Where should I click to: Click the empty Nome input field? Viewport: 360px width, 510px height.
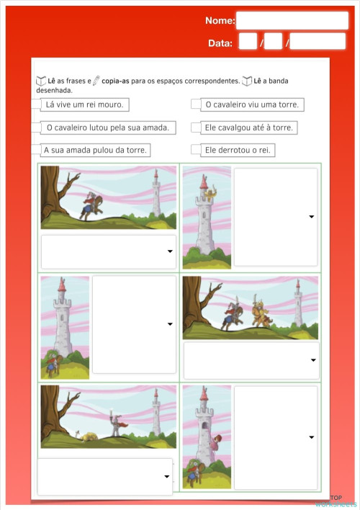click(292, 20)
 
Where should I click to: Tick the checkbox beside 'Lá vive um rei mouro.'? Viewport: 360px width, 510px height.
click(37, 104)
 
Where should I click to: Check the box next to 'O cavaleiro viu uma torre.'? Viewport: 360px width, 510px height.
click(195, 104)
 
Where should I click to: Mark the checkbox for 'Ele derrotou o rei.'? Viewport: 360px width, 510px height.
click(195, 150)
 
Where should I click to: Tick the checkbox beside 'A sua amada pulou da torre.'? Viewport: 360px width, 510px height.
click(37, 150)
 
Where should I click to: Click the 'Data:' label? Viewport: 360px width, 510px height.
click(220, 43)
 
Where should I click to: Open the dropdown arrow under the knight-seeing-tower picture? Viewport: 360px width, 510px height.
click(170, 251)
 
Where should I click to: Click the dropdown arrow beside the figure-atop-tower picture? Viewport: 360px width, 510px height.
click(311, 216)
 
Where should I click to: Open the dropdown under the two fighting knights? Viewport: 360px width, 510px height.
click(313, 359)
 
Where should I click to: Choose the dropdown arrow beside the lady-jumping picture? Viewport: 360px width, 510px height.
click(311, 437)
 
